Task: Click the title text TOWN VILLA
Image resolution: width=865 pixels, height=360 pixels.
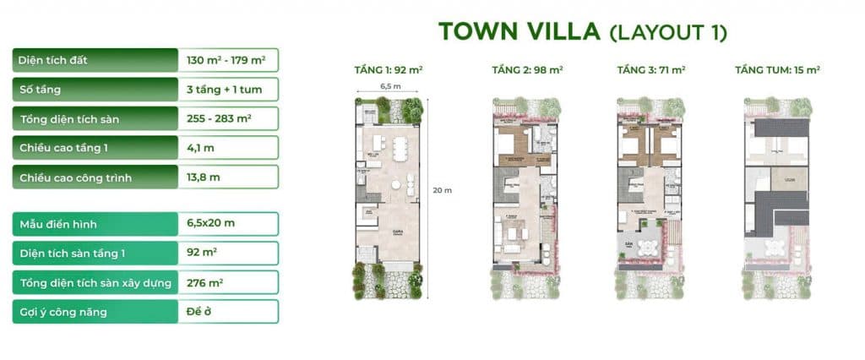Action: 519,32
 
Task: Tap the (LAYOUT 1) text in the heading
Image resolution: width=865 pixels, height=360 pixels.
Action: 667,33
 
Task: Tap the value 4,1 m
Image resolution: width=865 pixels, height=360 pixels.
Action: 201,148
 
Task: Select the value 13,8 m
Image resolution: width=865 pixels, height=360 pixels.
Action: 204,177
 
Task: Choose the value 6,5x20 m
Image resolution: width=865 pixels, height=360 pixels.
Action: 211,224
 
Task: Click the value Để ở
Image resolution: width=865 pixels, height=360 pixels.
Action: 199,312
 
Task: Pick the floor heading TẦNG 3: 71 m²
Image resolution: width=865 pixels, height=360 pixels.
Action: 650,70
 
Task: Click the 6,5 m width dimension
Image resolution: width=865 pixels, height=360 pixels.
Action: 390,86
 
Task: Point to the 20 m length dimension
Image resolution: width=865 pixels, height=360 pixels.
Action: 442,190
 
